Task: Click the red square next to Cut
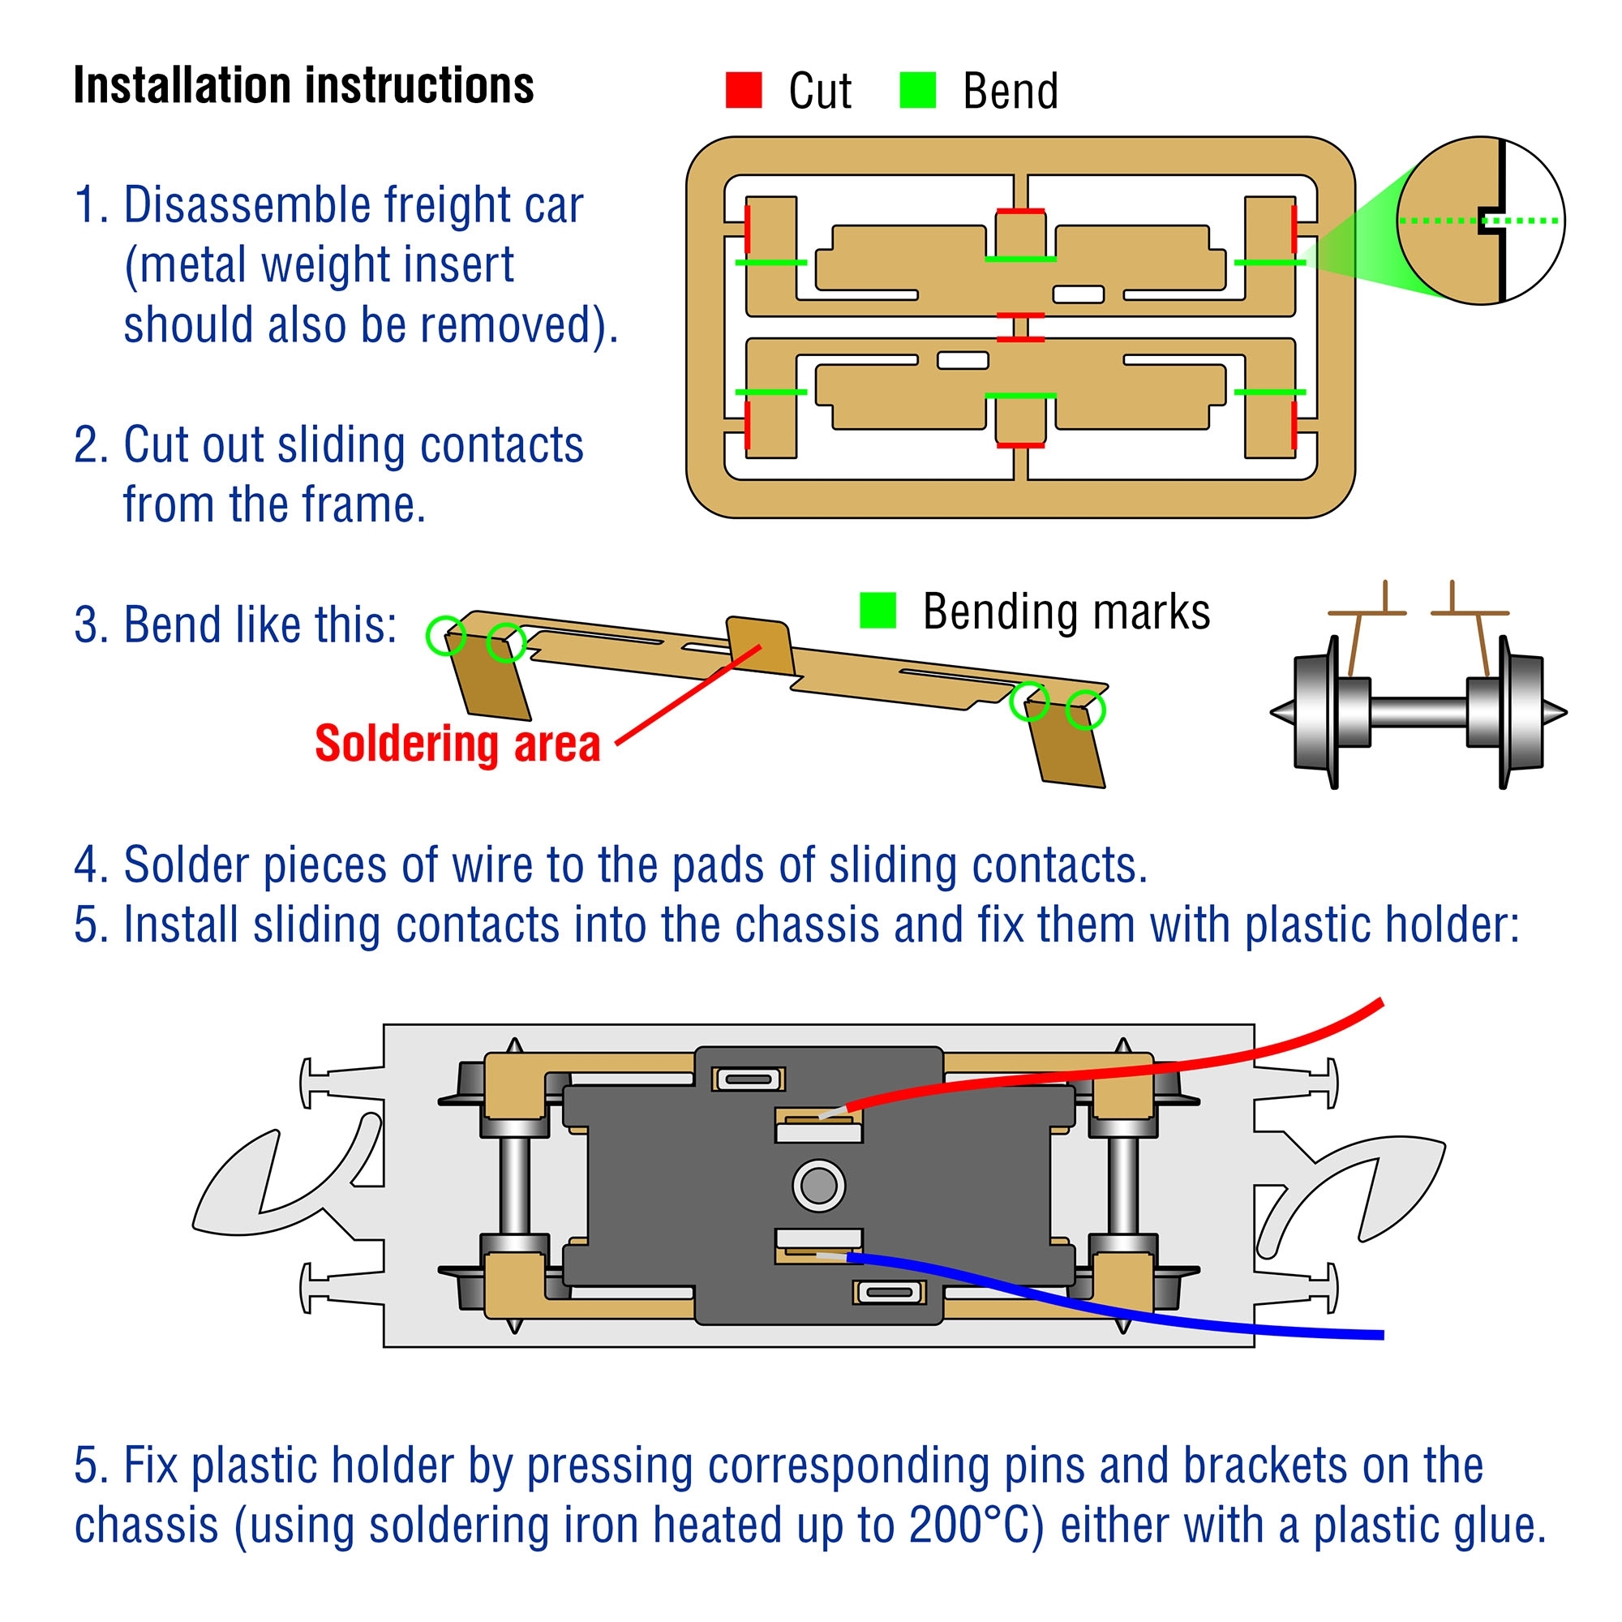click(x=743, y=90)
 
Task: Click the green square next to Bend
click(x=916, y=90)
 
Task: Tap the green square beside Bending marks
click(x=878, y=611)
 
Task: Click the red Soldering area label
click(x=457, y=744)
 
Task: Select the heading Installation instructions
click(x=303, y=86)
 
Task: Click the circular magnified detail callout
click(x=1480, y=221)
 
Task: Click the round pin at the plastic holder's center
click(x=818, y=1186)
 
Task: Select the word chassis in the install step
click(x=807, y=925)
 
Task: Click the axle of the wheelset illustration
click(x=1418, y=712)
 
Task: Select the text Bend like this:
click(x=235, y=625)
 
